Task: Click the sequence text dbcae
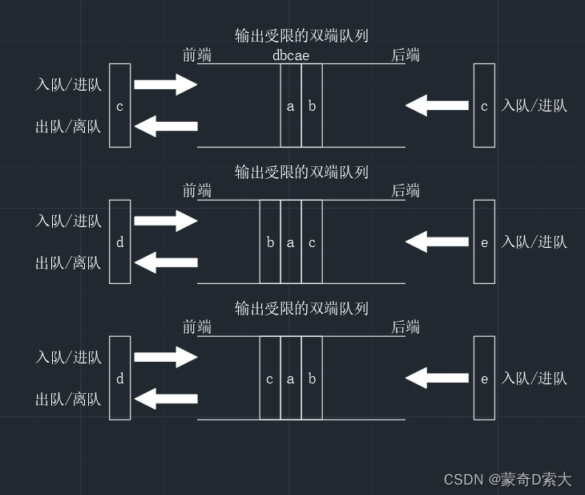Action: [291, 55]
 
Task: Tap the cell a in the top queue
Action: [291, 106]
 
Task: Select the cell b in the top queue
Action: [312, 106]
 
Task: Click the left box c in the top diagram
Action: [119, 106]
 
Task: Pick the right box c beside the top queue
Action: [484, 106]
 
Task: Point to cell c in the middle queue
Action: [312, 242]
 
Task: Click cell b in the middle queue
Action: [270, 242]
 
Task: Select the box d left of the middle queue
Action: [119, 242]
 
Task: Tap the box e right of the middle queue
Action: [484, 242]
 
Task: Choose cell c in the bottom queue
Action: [270, 379]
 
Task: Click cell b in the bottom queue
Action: [312, 379]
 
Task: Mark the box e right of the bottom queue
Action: [484, 379]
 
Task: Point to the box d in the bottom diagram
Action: [119, 379]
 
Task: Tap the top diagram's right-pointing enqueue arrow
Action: [165, 84]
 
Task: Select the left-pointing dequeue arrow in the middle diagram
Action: [165, 262]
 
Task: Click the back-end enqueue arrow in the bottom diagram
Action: [438, 378]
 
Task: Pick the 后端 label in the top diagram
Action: [405, 55]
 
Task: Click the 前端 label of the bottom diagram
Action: [197, 328]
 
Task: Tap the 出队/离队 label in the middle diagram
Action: [68, 262]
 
